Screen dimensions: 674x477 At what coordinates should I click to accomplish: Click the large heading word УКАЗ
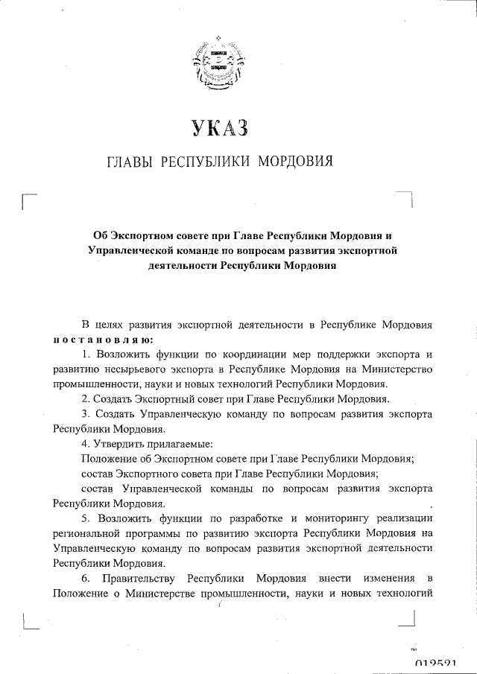(x=218, y=128)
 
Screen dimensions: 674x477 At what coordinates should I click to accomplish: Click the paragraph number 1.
(x=86, y=355)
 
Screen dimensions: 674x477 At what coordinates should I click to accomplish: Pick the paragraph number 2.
(x=86, y=399)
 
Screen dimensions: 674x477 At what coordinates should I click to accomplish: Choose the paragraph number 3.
(x=86, y=414)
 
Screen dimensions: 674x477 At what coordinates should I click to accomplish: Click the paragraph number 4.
(x=86, y=444)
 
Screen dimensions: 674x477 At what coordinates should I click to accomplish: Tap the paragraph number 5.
(x=86, y=518)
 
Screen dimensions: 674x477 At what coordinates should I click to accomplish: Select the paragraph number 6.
(x=86, y=578)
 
